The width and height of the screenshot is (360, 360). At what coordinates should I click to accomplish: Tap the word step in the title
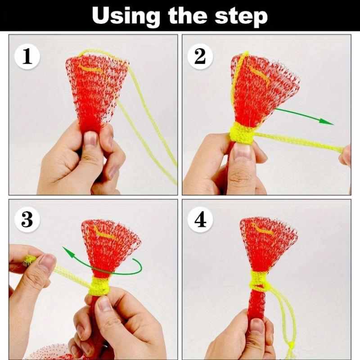pyautogui.click(x=241, y=17)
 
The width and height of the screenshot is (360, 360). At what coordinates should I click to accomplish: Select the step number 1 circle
pyautogui.click(x=27, y=57)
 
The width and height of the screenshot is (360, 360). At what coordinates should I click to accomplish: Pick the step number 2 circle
pyautogui.click(x=200, y=57)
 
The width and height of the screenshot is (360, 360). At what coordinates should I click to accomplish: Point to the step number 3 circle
pyautogui.click(x=27, y=220)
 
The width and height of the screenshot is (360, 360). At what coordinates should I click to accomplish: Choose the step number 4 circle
pyautogui.click(x=200, y=220)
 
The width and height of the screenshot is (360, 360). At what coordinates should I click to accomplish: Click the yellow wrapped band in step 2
pyautogui.click(x=242, y=134)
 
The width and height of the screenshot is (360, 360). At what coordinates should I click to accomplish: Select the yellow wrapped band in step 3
pyautogui.click(x=99, y=286)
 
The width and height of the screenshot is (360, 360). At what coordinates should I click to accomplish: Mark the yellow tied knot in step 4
pyautogui.click(x=260, y=281)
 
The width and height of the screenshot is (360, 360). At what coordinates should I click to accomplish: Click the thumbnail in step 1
pyautogui.click(x=90, y=139)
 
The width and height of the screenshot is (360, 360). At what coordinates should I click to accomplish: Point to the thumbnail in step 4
pyautogui.click(x=256, y=325)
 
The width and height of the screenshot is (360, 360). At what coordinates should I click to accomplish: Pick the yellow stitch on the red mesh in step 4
pyautogui.click(x=263, y=229)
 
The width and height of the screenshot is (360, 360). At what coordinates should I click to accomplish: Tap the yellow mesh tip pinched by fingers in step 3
pyautogui.click(x=29, y=260)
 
